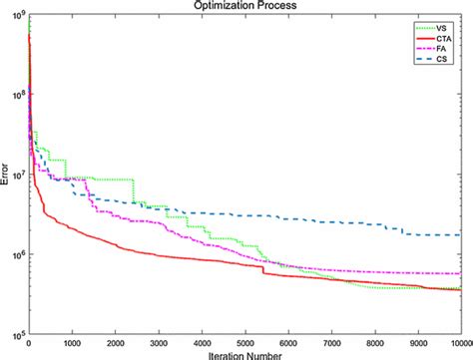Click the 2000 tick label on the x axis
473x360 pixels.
115,342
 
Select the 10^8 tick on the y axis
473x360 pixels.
17,96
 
